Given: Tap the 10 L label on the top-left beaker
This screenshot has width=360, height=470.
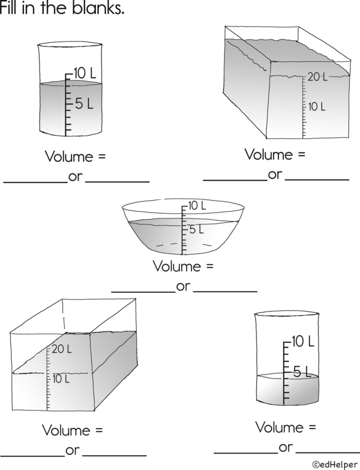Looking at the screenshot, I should coord(85,73).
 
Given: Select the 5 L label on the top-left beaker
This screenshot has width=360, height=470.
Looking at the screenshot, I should coord(84,104).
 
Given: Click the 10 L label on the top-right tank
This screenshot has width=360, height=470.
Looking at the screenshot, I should coord(317,106).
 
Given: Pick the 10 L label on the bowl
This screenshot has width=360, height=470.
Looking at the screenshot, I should coord(197,206).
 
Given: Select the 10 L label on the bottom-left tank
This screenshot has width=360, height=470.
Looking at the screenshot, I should coord(61,379).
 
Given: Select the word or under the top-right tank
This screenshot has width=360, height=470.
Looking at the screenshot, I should coord(275,175).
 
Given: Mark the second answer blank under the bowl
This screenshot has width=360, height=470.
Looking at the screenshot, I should coord(226,291).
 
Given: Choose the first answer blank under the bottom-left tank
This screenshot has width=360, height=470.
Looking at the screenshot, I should coord(33,454).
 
